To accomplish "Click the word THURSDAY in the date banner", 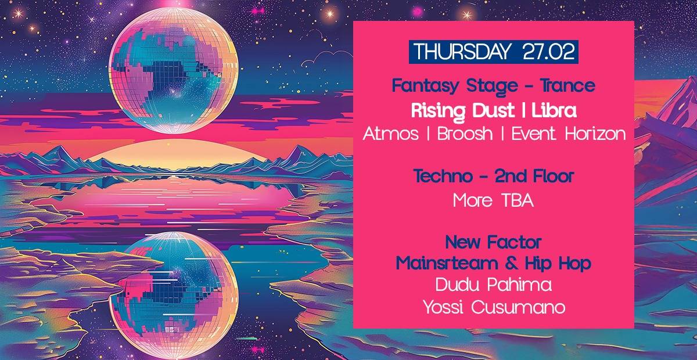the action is pyautogui.click(x=462, y=52).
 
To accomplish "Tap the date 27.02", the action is pyautogui.click(x=548, y=52).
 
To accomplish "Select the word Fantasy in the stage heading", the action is pyautogui.click(x=425, y=86).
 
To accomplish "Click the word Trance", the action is pyautogui.click(x=567, y=85).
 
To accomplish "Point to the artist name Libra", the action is pyautogui.click(x=554, y=111).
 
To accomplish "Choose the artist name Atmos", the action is pyautogui.click(x=390, y=134).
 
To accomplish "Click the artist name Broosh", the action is pyautogui.click(x=465, y=134).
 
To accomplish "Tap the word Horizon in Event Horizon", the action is pyautogui.click(x=595, y=134).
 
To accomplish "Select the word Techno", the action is pyautogui.click(x=443, y=177).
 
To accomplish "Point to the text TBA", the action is pyautogui.click(x=518, y=201).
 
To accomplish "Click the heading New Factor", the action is pyautogui.click(x=494, y=242).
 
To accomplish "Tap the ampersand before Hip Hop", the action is pyautogui.click(x=512, y=264).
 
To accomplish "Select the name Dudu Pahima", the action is pyautogui.click(x=494, y=285).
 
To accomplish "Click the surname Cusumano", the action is pyautogui.click(x=518, y=308).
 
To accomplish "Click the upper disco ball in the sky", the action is pyautogui.click(x=173, y=71).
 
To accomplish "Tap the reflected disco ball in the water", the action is pyautogui.click(x=174, y=295).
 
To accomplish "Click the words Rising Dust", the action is pyautogui.click(x=463, y=111).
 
